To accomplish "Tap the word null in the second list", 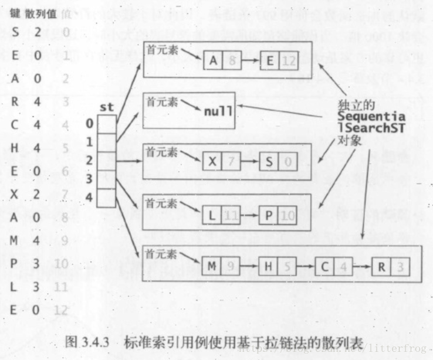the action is (218, 110).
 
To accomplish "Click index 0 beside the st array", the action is (89, 124).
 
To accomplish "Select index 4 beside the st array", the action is (89, 198).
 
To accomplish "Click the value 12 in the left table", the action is (61, 310).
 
